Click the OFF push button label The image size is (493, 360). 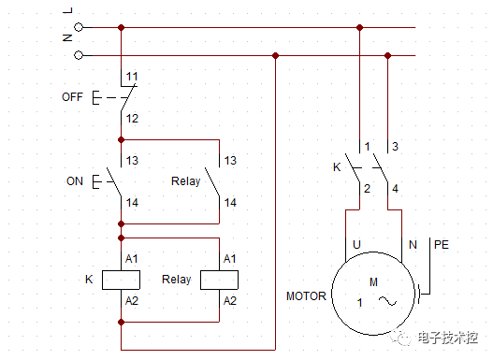click(x=73, y=96)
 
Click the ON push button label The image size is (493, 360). click(x=75, y=180)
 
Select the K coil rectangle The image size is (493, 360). click(x=121, y=279)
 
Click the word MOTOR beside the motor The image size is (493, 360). click(x=306, y=296)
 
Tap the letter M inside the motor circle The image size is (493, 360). click(x=373, y=281)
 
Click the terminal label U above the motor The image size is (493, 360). click(x=356, y=244)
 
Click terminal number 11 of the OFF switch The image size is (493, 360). click(x=132, y=75)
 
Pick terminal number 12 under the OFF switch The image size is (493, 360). click(x=132, y=118)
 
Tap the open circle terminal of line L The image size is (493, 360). click(x=79, y=27)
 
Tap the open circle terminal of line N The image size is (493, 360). click(x=79, y=55)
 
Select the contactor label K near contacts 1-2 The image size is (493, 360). click(x=337, y=167)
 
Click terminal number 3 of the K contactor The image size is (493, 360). click(x=395, y=146)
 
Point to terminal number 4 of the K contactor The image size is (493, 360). click(x=395, y=189)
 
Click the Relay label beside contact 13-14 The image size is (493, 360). click(x=186, y=180)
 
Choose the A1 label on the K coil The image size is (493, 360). click(x=132, y=257)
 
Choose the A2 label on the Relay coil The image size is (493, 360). click(x=230, y=300)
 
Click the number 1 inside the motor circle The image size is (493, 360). click(x=359, y=302)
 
